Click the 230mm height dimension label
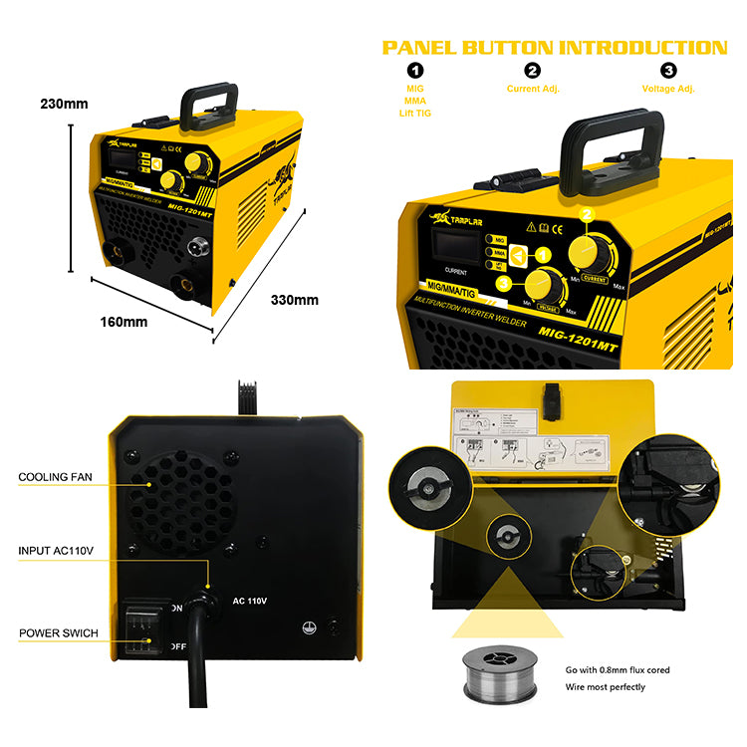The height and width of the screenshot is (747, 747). click(64, 103)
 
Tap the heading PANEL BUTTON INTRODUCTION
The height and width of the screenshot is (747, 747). click(555, 47)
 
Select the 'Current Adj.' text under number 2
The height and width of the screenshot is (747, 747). click(533, 89)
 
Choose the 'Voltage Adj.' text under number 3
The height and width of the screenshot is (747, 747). click(668, 89)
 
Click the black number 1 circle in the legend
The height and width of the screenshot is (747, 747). click(415, 70)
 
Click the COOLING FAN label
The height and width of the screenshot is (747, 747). click(55, 477)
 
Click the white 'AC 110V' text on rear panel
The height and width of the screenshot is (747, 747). click(252, 601)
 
